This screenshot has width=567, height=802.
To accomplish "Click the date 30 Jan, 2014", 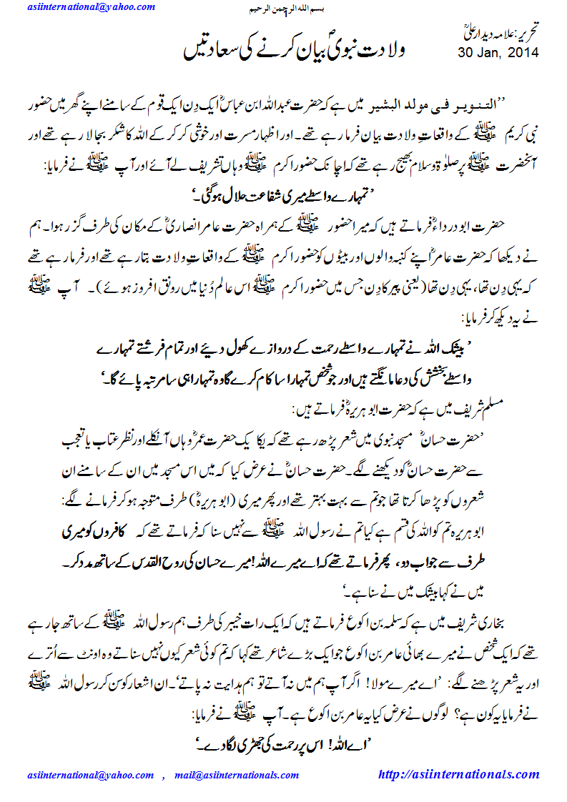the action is tap(498, 52).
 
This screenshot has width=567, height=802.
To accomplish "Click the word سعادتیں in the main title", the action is tap(207, 52).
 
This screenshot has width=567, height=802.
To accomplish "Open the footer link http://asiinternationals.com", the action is tap(458, 774).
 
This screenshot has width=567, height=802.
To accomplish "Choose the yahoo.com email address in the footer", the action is tap(90, 775).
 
